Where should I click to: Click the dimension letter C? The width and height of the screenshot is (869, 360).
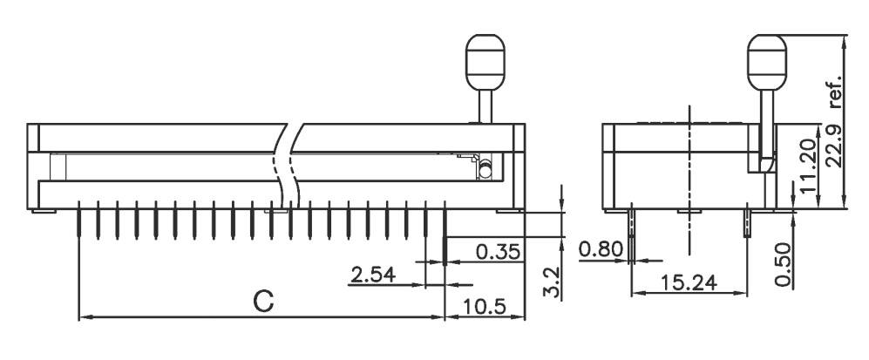click(263, 302)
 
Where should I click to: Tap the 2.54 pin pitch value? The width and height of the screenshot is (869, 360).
click(373, 275)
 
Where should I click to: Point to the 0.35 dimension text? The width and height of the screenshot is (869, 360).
click(499, 251)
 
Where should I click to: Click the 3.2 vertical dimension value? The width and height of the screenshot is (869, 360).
click(550, 283)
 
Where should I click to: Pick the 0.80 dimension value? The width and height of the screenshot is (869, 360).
click(601, 251)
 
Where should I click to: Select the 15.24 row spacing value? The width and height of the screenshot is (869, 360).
click(688, 283)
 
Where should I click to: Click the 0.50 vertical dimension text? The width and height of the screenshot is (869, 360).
click(783, 265)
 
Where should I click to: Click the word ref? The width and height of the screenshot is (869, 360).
click(835, 89)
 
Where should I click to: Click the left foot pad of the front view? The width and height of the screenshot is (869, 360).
click(44, 210)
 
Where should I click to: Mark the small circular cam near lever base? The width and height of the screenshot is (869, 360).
click(485, 167)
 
